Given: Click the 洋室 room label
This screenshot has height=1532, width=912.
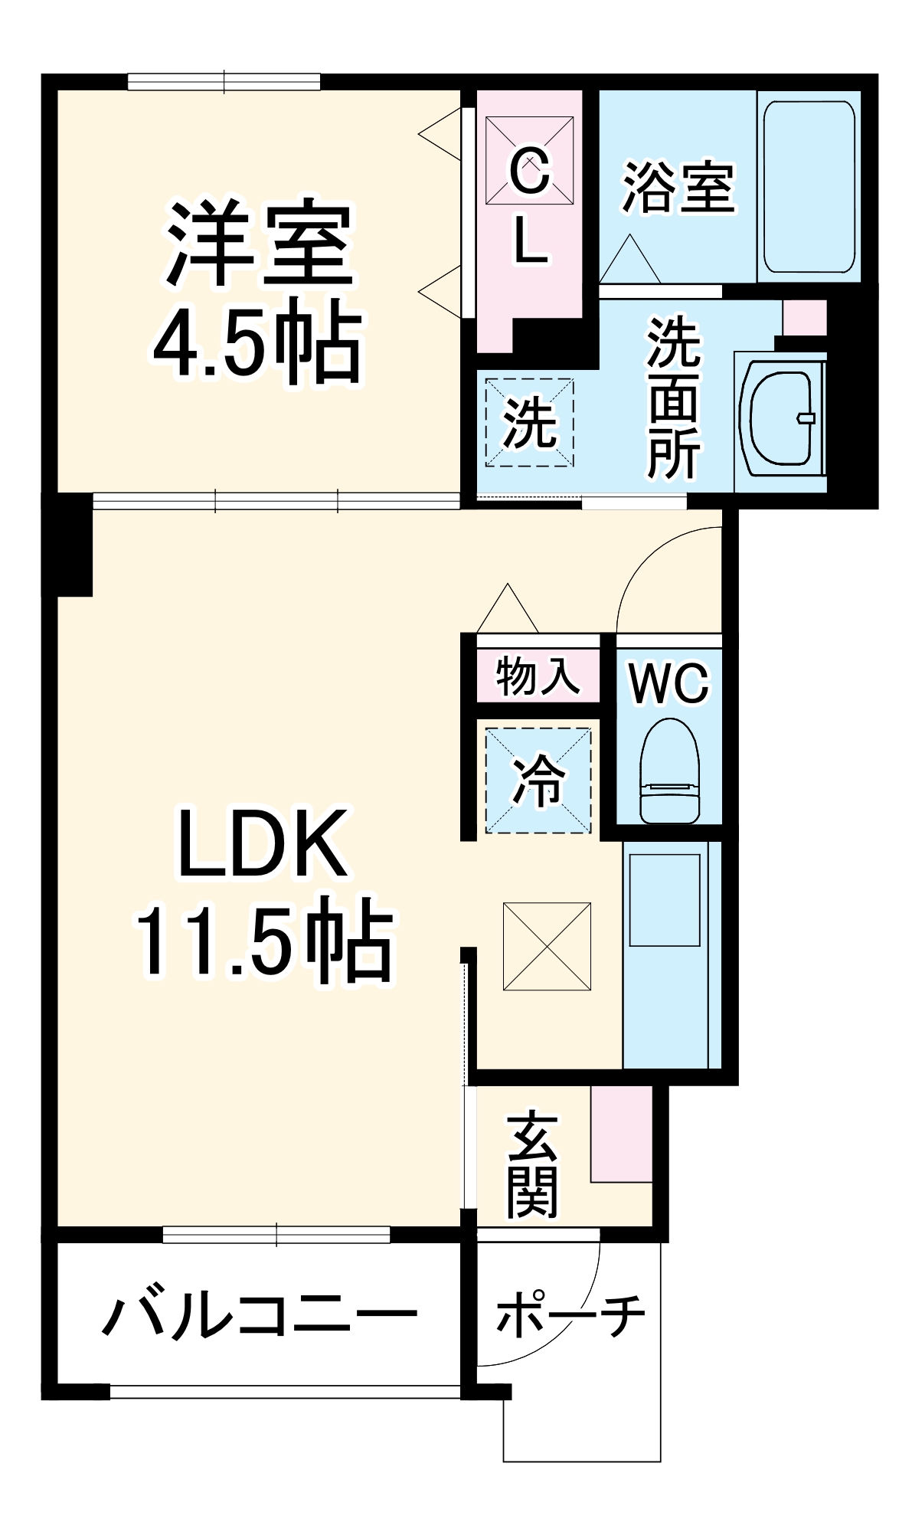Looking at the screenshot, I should tap(259, 244).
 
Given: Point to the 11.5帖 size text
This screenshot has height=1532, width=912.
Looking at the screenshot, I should tap(263, 941).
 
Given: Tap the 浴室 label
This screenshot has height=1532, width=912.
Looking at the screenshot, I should tap(678, 187).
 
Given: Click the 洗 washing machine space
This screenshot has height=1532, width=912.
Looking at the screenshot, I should tap(529, 422).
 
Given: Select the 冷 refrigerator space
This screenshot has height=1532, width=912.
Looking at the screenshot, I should tap(538, 781).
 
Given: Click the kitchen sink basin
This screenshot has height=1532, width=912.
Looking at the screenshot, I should tap(665, 900).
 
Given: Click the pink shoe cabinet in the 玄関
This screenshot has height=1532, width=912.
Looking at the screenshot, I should tap(621, 1133).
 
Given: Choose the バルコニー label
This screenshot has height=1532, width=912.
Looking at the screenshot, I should tap(259, 1315).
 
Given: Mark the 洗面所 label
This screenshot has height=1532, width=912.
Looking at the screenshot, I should tap(673, 398).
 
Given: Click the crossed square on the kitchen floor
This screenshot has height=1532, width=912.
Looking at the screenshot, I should tap(547, 946).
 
